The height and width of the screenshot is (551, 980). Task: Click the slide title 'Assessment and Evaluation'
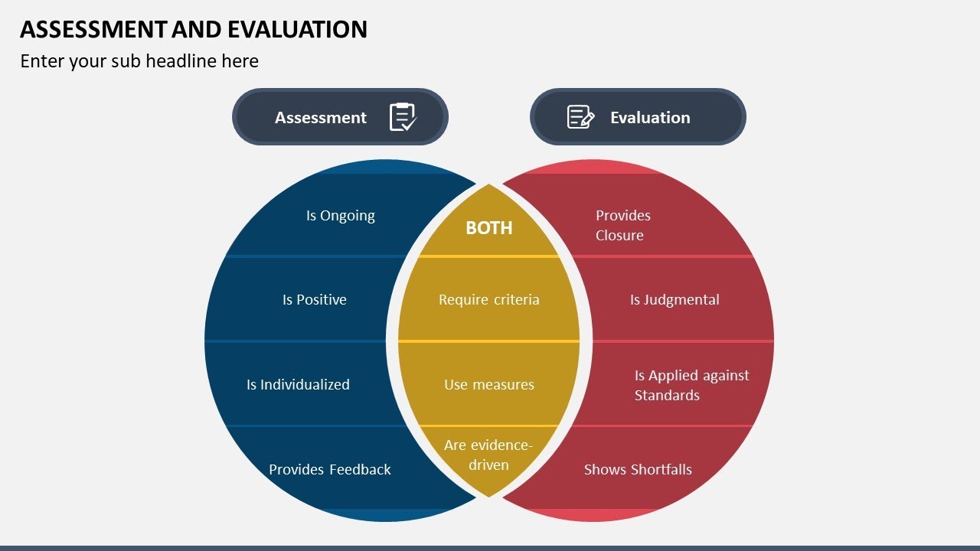(194, 29)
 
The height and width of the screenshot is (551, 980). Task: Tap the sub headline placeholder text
(139, 61)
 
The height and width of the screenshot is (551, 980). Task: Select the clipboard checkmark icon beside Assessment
(403, 117)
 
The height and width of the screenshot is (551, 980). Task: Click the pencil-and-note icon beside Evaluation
(580, 117)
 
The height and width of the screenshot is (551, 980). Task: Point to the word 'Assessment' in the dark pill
(321, 118)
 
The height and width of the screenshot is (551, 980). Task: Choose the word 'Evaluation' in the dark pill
(650, 118)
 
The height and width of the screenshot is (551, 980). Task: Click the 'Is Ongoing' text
(341, 216)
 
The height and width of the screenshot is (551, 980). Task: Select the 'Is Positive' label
(315, 300)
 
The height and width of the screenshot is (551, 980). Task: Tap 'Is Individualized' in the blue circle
(298, 385)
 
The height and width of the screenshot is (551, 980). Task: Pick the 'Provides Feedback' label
(330, 470)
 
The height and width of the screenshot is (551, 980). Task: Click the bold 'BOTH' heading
(489, 228)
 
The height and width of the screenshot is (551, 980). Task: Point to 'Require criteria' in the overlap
(489, 300)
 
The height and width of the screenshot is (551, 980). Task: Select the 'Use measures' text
(489, 385)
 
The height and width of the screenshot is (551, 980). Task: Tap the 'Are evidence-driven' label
(488, 455)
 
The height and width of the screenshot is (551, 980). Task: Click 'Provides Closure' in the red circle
(622, 225)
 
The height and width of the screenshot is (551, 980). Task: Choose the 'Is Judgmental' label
(675, 300)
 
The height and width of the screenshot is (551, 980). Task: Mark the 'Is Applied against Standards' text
(691, 385)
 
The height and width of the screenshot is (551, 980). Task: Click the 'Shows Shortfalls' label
(638, 470)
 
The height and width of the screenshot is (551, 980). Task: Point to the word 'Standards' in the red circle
(667, 396)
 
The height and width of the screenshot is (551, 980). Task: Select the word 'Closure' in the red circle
(619, 236)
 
